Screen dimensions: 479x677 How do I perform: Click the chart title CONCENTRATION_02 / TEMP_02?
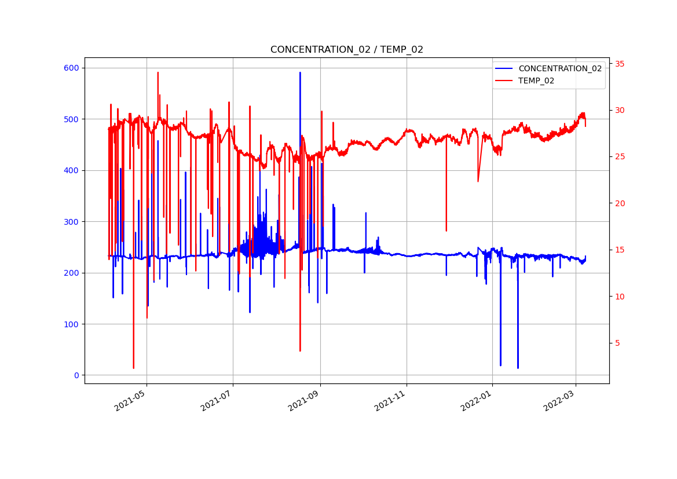pos(346,50)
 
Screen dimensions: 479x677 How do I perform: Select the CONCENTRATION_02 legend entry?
pos(559,68)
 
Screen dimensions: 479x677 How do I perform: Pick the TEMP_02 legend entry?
pos(536,81)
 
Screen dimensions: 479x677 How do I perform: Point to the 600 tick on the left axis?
pos(71,68)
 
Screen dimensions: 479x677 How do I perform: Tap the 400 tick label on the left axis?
pos(71,170)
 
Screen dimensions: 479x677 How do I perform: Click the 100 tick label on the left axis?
pos(71,324)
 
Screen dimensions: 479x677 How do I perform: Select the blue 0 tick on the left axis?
pos(76,375)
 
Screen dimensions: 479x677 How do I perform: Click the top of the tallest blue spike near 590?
pos(300,73)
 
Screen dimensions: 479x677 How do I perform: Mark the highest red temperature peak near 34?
pos(158,73)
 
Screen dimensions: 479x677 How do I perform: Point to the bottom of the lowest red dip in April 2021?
pos(133,368)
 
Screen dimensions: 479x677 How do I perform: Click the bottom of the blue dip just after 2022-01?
pos(500,365)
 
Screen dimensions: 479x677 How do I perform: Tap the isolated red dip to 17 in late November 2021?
pos(446,231)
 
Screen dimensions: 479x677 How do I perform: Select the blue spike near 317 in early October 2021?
pos(365,213)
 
